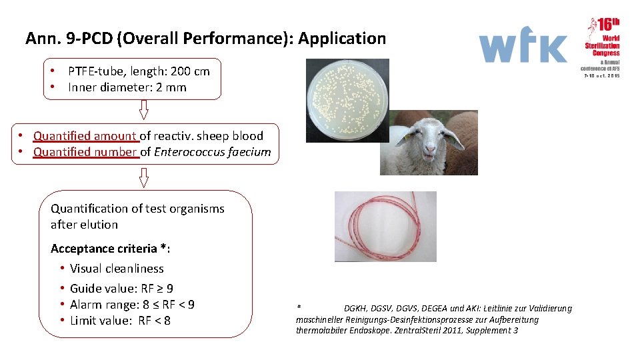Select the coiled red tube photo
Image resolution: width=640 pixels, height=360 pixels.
click(x=385, y=226)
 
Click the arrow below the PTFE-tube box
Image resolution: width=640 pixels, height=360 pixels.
click(x=143, y=109)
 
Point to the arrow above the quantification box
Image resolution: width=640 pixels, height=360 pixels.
click(x=143, y=177)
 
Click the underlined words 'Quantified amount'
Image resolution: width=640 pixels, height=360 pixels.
click(x=86, y=136)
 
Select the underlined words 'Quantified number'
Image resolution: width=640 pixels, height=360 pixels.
click(x=86, y=152)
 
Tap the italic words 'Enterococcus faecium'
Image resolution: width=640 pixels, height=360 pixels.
click(x=213, y=152)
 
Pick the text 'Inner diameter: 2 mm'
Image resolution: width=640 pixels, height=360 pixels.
click(x=127, y=87)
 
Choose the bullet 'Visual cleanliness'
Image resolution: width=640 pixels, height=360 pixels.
click(x=117, y=269)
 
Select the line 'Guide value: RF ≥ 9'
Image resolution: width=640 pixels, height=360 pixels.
click(x=121, y=289)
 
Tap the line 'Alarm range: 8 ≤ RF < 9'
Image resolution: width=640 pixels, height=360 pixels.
click(x=132, y=305)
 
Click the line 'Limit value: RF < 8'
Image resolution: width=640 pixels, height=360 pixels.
click(x=120, y=321)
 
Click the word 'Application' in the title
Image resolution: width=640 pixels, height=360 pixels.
click(x=342, y=39)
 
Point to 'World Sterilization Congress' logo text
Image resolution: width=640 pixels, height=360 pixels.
click(x=603, y=45)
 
